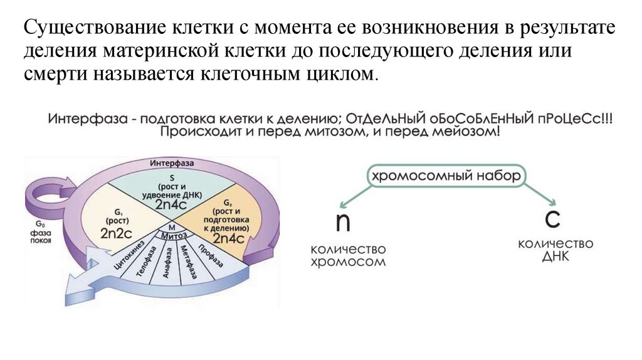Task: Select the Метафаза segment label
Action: coord(186,257)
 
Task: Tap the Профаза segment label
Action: coord(208,251)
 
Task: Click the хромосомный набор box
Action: coord(446,176)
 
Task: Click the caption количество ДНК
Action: coord(552,250)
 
